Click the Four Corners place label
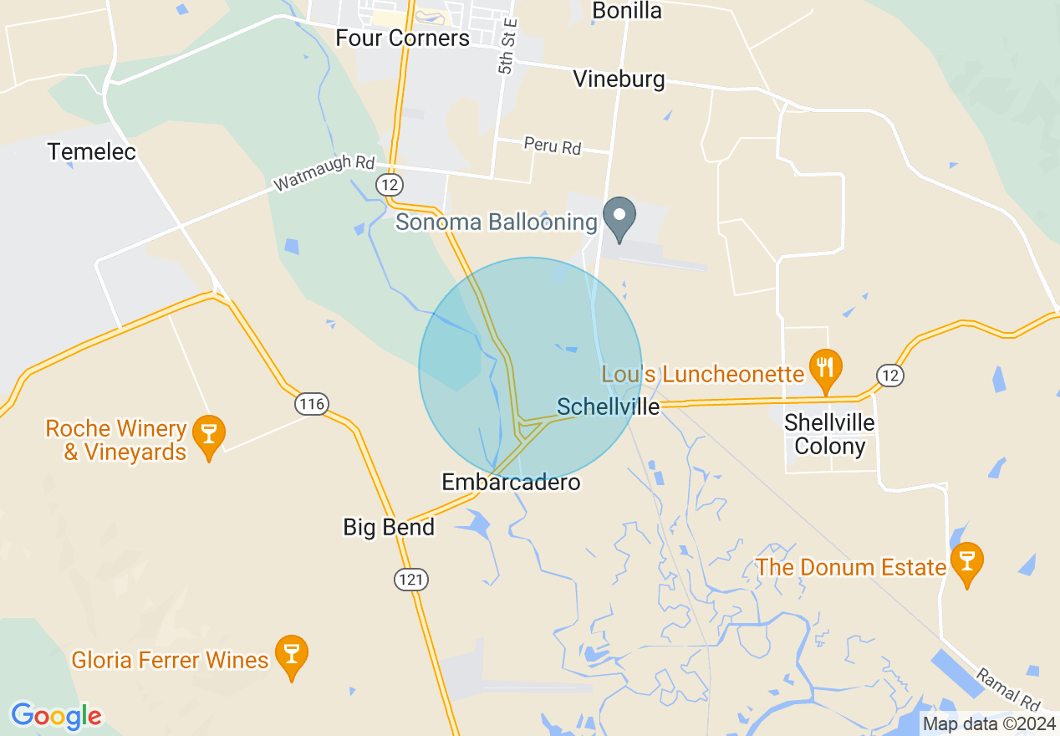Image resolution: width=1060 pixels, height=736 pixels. [402, 38]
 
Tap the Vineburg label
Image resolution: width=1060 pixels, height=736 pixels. [619, 79]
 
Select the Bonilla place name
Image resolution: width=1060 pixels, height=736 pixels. [627, 11]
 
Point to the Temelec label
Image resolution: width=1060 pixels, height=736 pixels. [92, 151]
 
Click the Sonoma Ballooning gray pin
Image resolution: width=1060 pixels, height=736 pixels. [619, 218]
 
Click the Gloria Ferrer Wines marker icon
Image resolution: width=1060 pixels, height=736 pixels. [292, 657]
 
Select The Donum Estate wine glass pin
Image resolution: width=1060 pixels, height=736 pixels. [967, 564]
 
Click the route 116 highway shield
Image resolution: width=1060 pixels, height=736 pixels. [312, 405]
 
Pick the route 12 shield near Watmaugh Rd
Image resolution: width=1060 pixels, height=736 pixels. [390, 184]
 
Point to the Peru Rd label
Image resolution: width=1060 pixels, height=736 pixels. [553, 146]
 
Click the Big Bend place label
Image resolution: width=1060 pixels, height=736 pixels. [389, 528]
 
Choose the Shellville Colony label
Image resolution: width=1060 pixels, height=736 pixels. [829, 434]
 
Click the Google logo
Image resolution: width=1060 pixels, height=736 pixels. [56, 716]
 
